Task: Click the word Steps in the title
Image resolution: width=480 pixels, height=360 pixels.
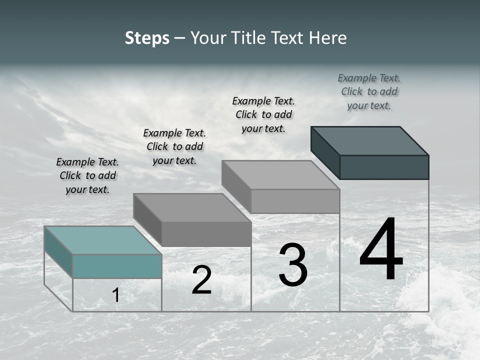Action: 147,38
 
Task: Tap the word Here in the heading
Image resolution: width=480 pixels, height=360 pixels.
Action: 328,38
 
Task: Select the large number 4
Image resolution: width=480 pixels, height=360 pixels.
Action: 381,250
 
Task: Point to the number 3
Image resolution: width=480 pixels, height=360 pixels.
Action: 293,265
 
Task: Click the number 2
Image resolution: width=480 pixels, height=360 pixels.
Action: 201,280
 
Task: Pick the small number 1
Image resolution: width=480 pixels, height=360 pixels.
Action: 116,295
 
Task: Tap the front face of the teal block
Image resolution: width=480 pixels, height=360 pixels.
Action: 117,266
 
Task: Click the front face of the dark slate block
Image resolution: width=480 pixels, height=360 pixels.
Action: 384,167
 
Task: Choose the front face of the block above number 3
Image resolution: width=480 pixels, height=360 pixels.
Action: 295,201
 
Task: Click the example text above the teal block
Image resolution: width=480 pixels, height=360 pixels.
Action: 87,176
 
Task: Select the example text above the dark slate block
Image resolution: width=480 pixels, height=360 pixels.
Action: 369,91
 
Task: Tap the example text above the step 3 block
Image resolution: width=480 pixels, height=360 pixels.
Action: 263,114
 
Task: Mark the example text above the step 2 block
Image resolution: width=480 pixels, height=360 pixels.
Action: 174,146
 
